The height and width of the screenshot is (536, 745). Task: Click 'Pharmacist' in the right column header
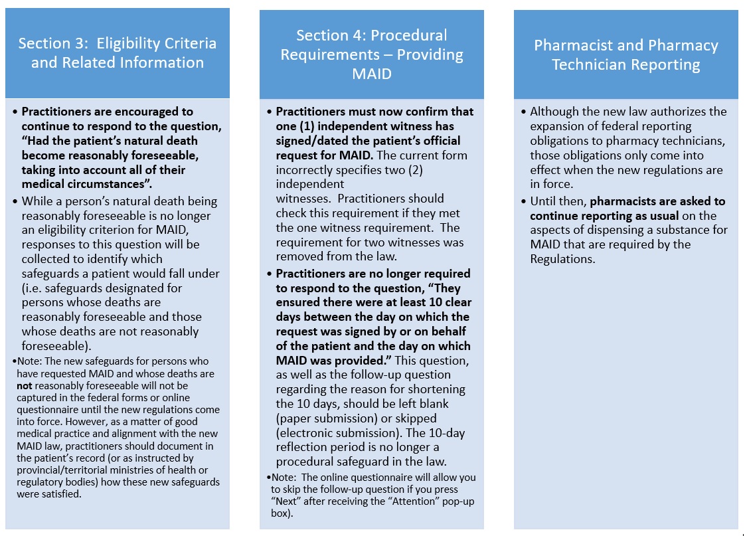pos(574,45)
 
